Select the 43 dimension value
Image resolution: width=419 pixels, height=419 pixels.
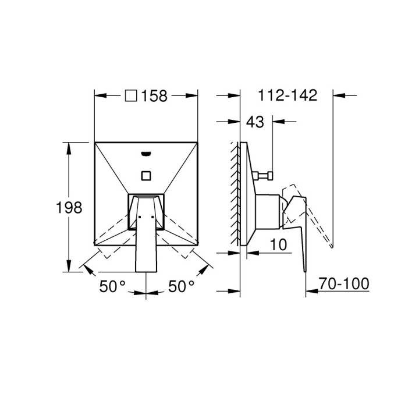tap(255, 122)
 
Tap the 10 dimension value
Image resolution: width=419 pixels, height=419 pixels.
tap(279, 245)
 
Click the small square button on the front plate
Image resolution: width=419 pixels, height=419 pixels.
tap(145, 175)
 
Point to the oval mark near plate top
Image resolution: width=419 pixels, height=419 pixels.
tap(145, 154)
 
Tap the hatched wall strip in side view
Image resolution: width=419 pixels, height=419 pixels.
tap(236, 192)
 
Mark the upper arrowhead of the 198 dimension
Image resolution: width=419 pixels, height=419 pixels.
tap(70, 146)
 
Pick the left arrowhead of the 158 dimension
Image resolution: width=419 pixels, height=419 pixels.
tap(99, 96)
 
